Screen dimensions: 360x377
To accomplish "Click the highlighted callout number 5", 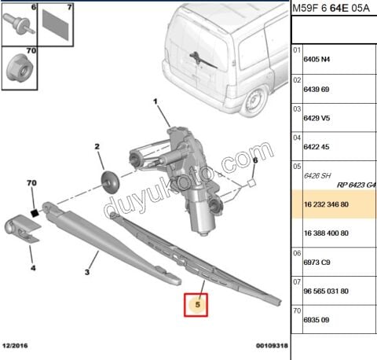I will [197, 303].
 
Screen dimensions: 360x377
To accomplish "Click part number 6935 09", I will [319, 320].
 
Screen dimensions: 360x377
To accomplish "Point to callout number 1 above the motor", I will [156, 101].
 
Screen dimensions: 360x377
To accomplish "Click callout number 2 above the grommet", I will [97, 147].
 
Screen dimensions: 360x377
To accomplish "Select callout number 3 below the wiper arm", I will [87, 272].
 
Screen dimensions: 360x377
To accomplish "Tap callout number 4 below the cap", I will [33, 268].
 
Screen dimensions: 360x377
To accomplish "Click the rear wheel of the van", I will [256, 101].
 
